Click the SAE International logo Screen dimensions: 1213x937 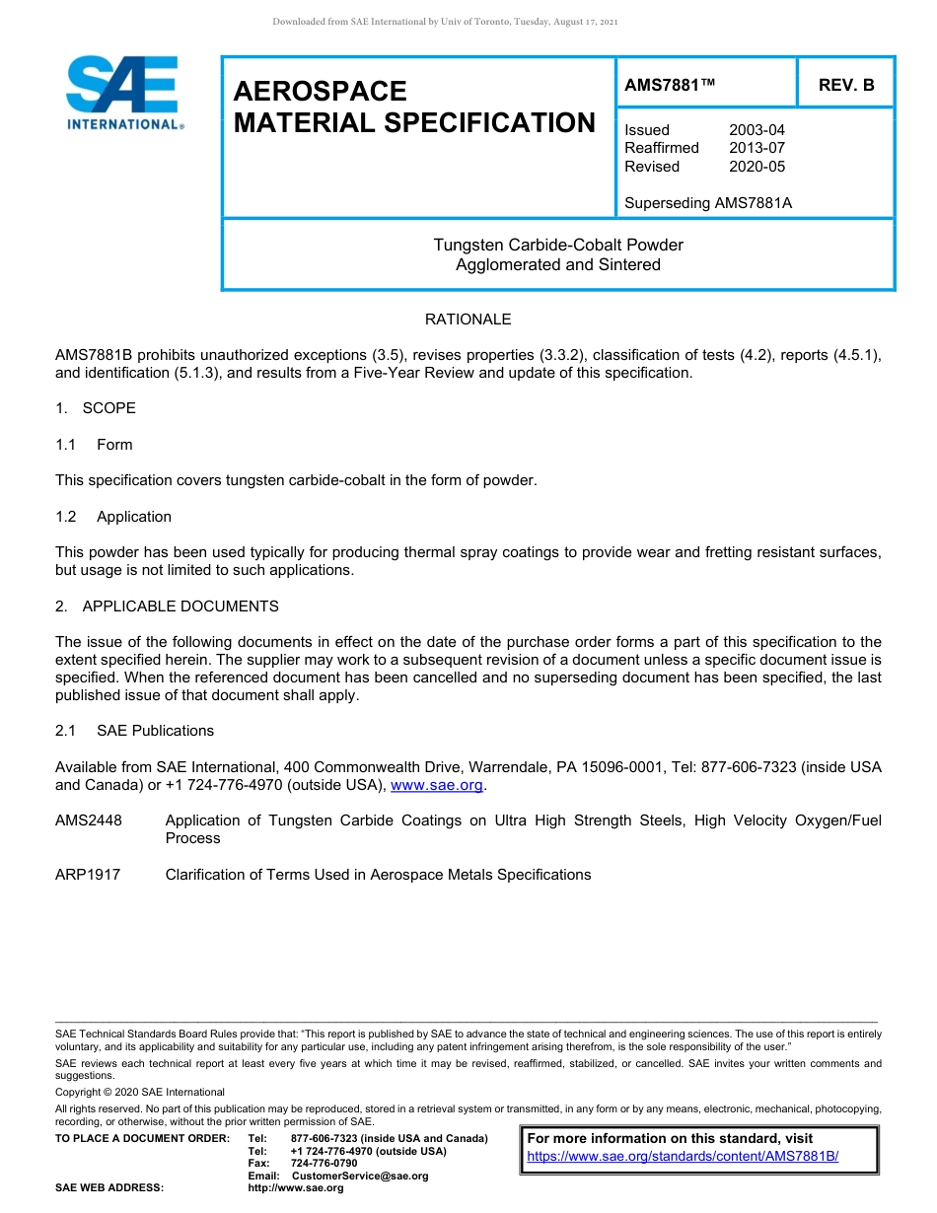coord(123,94)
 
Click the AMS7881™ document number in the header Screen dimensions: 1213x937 coord(670,86)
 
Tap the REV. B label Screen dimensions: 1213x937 coord(845,86)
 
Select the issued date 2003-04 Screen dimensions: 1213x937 coord(757,130)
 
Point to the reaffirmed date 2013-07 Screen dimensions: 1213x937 coord(757,148)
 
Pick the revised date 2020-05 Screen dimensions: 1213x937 coord(757,167)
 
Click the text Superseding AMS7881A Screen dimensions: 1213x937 coord(708,203)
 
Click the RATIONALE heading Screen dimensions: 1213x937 coord(468,320)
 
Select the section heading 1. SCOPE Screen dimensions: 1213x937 coord(96,408)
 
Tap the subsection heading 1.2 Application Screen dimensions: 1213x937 coord(113,517)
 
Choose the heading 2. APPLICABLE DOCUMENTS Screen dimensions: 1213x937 coord(167,606)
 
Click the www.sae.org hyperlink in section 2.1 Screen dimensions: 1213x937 coord(437,786)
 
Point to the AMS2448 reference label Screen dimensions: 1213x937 coord(89,821)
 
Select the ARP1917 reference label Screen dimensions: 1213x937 coord(88,875)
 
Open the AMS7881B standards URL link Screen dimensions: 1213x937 coord(683,1157)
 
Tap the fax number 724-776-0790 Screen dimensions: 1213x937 coord(324,1164)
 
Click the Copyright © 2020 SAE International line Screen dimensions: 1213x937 coord(140,1092)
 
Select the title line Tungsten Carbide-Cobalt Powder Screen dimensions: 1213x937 coord(558,245)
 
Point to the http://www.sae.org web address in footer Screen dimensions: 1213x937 coord(296,1188)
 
